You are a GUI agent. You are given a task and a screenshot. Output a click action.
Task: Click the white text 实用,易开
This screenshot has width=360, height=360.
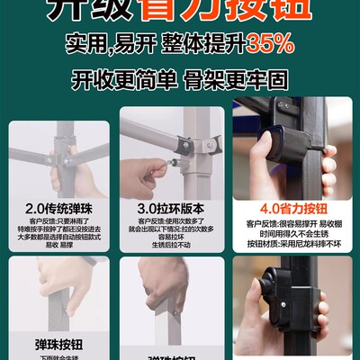point(103,42)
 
